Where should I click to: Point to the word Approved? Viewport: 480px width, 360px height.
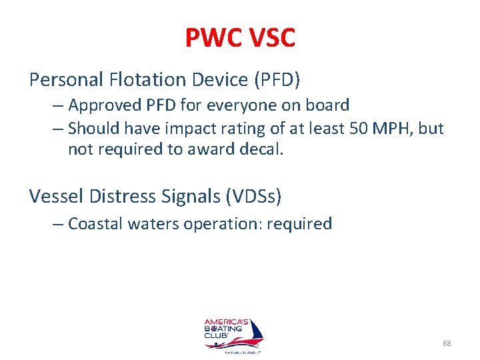[103, 105]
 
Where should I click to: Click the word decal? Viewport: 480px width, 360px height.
[265, 150]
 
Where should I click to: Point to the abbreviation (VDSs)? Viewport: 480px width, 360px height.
[253, 196]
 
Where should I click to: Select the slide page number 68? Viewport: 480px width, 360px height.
[447, 343]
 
